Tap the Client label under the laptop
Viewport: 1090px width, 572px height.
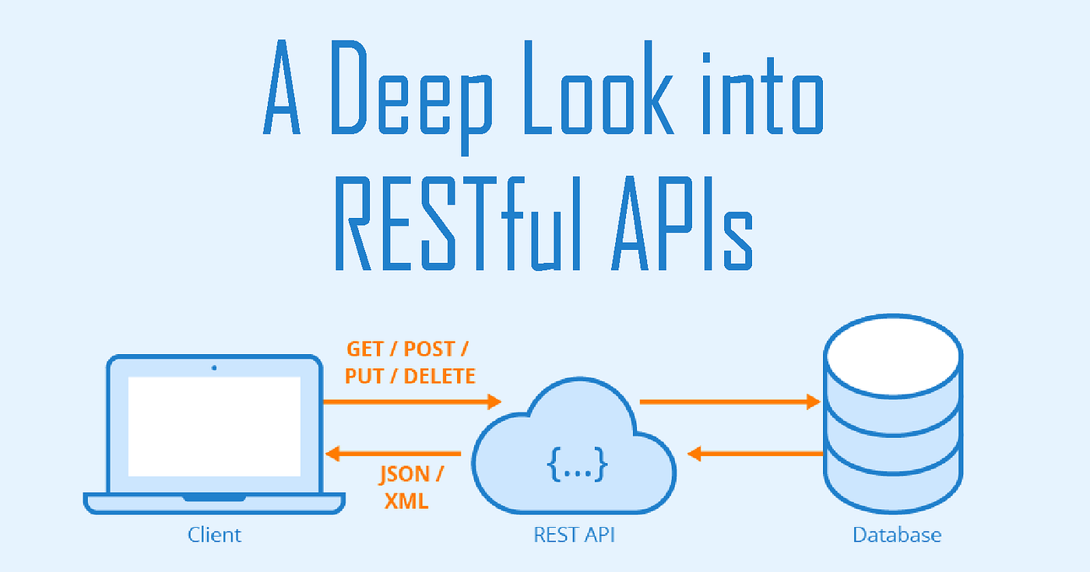click(215, 535)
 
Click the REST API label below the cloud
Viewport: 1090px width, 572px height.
click(573, 535)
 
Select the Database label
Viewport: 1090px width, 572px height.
click(897, 535)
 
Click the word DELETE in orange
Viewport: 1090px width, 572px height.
click(439, 377)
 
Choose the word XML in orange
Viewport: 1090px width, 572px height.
click(406, 501)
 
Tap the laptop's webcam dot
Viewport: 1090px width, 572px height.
click(214, 367)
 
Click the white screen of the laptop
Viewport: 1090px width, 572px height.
click(214, 426)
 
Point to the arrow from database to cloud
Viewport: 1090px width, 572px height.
click(755, 453)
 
